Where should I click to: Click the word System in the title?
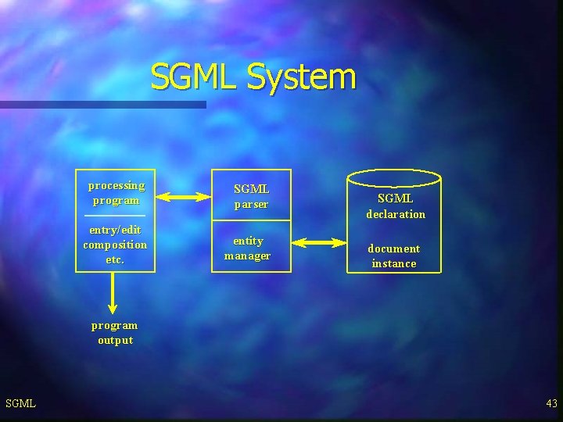[301, 77]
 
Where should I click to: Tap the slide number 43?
[552, 403]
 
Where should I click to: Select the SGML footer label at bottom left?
[20, 403]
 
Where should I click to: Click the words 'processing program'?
[116, 192]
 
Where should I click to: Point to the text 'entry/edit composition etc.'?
[115, 245]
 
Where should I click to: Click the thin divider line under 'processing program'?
[115, 215]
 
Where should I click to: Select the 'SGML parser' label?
[252, 196]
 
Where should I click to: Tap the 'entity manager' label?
[248, 248]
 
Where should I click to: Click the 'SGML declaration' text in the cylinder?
[396, 206]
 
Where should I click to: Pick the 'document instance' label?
[394, 256]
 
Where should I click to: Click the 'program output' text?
[115, 332]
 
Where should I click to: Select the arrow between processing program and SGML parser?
[184, 198]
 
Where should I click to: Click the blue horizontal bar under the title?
[102, 104]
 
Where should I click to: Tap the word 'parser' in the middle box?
[252, 205]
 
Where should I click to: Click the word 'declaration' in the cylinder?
[396, 214]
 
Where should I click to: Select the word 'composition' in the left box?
[115, 245]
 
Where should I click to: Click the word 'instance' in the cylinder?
[394, 263]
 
